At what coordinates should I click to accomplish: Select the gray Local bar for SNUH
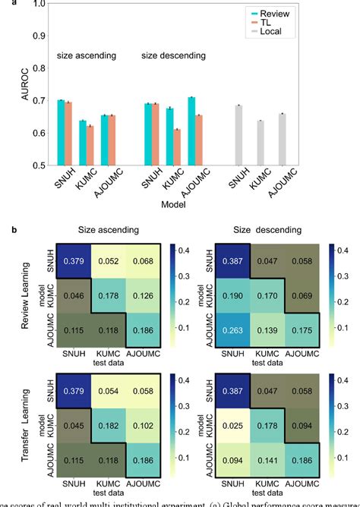[x=238, y=134]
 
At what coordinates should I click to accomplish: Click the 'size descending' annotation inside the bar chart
[x=172, y=56]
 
